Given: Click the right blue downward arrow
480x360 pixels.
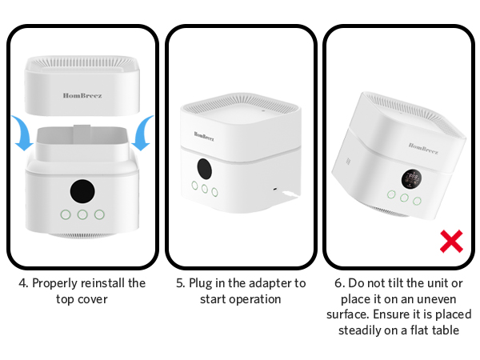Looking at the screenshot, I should [142, 133].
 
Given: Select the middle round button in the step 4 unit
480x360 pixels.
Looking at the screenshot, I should [82, 214].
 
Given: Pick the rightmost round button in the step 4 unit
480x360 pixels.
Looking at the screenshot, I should [99, 214].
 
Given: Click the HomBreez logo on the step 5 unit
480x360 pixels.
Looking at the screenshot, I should [203, 135].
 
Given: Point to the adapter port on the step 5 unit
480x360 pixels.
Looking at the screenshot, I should [274, 190].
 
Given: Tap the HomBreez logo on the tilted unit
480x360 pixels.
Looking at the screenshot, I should [423, 146].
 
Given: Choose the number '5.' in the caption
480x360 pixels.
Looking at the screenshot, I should [180, 283].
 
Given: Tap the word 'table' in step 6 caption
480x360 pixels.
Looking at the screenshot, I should [442, 329].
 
